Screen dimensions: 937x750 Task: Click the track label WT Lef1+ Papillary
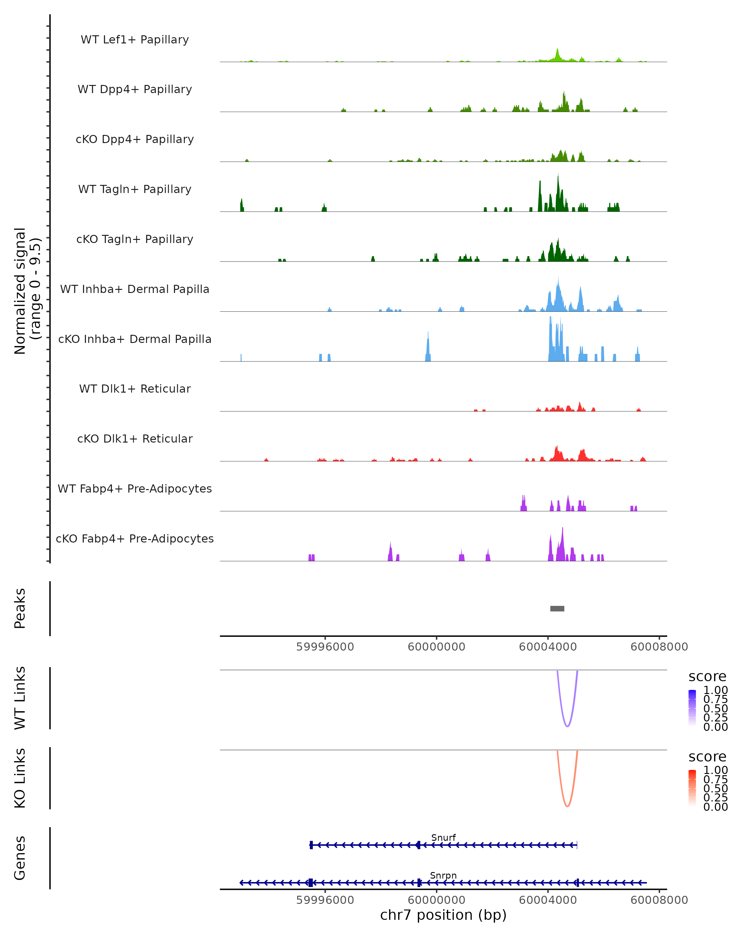(x=135, y=40)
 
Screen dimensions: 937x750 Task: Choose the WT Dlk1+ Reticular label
(x=135, y=389)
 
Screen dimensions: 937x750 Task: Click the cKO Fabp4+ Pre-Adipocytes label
(x=135, y=538)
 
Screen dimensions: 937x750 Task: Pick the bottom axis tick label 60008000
(x=659, y=900)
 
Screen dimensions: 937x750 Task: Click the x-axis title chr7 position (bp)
(x=443, y=915)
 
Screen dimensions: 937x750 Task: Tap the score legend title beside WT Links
(x=707, y=677)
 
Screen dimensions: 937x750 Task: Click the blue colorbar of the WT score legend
(x=692, y=708)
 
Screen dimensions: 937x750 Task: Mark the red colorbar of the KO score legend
(x=692, y=788)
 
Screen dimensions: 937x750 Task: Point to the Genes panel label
(x=20, y=858)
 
